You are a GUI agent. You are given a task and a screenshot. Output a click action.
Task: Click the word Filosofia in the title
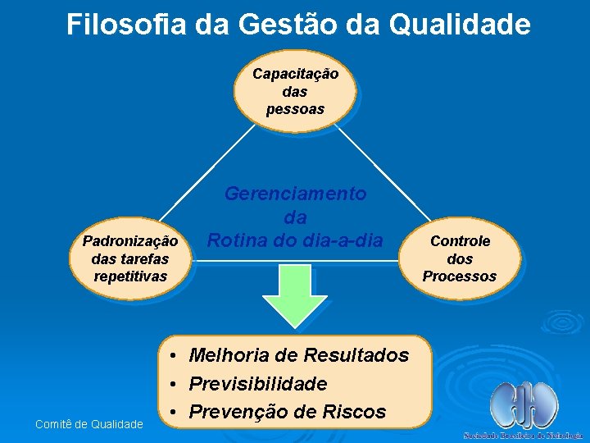[x=126, y=25]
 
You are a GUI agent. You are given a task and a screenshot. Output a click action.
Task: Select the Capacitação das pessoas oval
[x=295, y=91]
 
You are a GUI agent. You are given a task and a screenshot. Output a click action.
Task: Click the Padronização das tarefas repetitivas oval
[x=130, y=259]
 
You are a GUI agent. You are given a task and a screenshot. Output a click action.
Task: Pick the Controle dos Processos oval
[x=460, y=258]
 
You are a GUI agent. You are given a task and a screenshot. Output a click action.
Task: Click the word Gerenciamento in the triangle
[x=296, y=194]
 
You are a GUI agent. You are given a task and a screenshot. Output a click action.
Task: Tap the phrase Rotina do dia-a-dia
[x=295, y=241]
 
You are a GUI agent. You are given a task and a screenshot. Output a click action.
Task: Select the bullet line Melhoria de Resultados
[x=298, y=355]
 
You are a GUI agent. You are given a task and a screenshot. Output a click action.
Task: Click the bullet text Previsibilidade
[x=257, y=384]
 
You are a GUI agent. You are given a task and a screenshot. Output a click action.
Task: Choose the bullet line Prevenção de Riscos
[x=287, y=412]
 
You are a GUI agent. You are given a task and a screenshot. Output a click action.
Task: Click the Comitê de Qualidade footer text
[x=89, y=423]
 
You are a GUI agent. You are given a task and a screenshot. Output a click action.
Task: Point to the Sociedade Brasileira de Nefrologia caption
[x=524, y=435]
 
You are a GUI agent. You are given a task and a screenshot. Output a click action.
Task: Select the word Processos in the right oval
[x=460, y=276]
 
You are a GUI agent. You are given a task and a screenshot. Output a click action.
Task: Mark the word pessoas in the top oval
[x=295, y=109]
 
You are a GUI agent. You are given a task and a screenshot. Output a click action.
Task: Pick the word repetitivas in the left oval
[x=130, y=276]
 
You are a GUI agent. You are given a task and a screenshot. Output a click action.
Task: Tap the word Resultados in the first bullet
[x=356, y=355]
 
